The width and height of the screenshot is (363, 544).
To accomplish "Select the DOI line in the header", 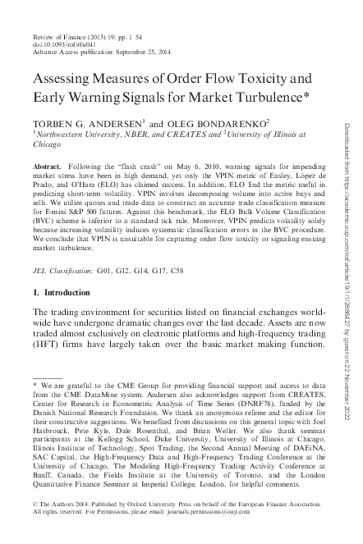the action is pos(63,46).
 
